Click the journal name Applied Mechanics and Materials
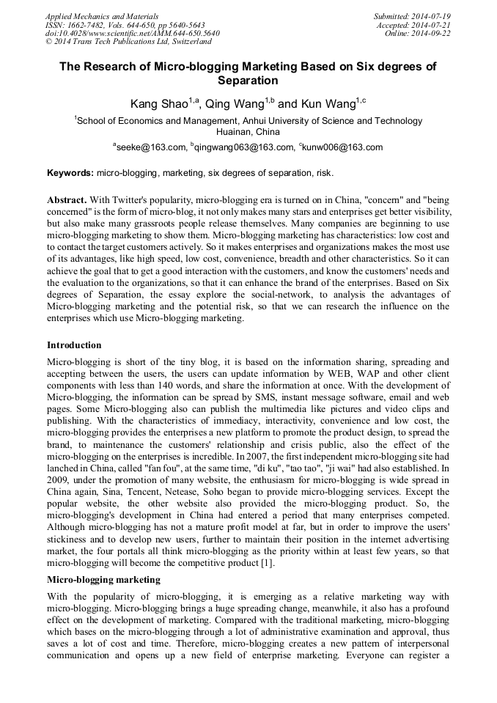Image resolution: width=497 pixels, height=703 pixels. [102, 15]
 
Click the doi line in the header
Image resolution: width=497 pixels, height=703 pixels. [132, 33]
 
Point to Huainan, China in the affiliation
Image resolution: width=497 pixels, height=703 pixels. [248, 132]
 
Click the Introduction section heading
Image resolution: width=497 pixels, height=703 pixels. [74, 345]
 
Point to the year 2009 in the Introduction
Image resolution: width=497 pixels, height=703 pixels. [59, 480]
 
